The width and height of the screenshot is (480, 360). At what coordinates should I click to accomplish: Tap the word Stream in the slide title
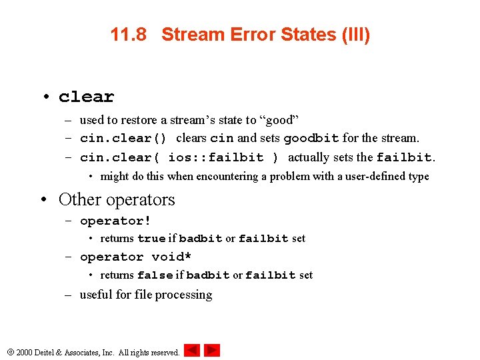191,35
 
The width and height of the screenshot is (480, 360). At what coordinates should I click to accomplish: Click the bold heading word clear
86,97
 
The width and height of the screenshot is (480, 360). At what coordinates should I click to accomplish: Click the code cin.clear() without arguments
123,139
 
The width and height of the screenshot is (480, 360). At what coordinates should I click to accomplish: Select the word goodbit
311,139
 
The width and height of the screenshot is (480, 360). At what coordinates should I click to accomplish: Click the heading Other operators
117,199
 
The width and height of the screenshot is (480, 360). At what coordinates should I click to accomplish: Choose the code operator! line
115,221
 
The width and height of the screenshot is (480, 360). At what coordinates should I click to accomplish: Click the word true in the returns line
151,238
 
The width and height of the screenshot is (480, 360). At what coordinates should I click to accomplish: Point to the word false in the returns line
155,275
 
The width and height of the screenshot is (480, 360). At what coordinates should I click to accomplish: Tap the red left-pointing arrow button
191,350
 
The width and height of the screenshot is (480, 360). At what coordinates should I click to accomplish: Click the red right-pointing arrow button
212,350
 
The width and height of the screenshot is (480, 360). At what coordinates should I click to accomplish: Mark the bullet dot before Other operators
45,200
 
